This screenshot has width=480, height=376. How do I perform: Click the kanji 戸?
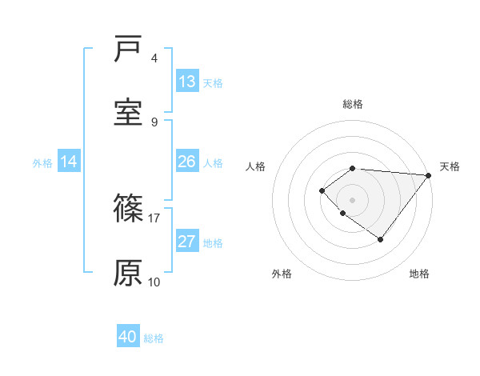coord(128,50)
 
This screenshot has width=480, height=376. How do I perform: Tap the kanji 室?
coord(128,113)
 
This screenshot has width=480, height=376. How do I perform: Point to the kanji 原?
coord(128,273)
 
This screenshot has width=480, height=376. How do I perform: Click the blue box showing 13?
coord(187,82)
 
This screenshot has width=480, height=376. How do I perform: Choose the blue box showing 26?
coord(187,162)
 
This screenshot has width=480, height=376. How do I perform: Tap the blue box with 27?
coord(187,242)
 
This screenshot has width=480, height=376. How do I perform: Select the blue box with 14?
coord(69,162)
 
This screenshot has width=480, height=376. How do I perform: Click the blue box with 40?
coord(128,337)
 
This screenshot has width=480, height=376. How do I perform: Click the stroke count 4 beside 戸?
coord(154,58)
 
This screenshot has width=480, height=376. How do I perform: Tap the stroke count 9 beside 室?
coord(154,122)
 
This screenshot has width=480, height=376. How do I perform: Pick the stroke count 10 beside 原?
coord(154,282)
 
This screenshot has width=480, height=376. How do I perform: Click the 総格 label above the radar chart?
coord(353,104)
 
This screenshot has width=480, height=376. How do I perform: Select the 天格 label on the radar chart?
coord(450,166)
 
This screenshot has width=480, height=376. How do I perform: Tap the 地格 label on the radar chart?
coord(419,274)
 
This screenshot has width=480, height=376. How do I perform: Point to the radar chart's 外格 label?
coord(282,274)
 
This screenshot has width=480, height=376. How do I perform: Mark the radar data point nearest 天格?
coord(429,175)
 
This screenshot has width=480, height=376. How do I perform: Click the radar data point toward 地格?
coord(380,239)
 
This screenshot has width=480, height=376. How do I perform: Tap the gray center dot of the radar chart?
coord(353,199)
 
